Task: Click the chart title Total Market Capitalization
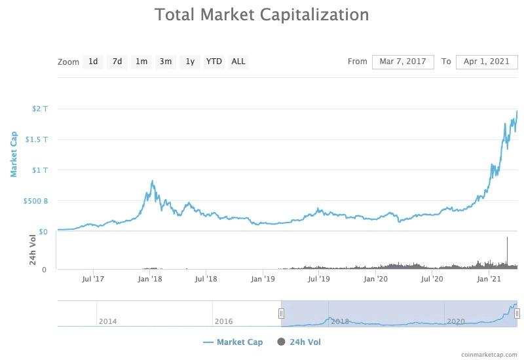click(261, 14)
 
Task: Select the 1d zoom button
click(93, 62)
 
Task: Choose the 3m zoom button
click(166, 62)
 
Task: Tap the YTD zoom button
click(214, 62)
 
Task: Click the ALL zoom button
click(238, 62)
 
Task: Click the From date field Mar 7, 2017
click(403, 62)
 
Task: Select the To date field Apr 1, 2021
click(487, 62)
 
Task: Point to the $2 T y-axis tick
click(40, 109)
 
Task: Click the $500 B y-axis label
click(37, 201)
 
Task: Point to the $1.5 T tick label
click(37, 139)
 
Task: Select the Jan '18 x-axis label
click(151, 279)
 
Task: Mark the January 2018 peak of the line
click(153, 181)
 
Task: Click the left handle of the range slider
click(281, 314)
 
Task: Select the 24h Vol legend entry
click(299, 342)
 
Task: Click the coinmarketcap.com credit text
click(489, 354)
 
